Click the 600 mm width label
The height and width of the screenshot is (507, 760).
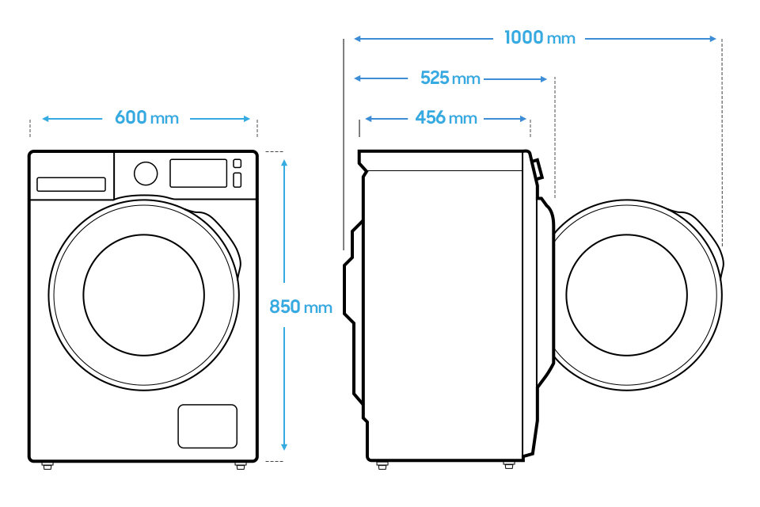(x=146, y=118)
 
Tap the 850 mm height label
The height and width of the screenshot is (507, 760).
(x=301, y=307)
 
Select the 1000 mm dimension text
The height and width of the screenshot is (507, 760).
(x=539, y=37)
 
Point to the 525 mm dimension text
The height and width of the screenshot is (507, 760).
(x=450, y=78)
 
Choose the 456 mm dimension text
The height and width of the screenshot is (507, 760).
(x=446, y=118)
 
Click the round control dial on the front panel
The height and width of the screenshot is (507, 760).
(x=146, y=173)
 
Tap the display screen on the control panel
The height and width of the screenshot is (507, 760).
(x=198, y=173)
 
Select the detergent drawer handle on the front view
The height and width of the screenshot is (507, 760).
(x=71, y=185)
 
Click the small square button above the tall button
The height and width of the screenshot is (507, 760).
(x=237, y=163)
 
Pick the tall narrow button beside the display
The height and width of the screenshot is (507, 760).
(x=237, y=180)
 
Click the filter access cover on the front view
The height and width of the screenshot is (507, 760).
(x=207, y=426)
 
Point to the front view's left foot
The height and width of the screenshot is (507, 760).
(x=47, y=466)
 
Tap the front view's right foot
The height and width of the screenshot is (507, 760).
(x=241, y=466)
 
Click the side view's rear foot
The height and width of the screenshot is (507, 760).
(x=382, y=465)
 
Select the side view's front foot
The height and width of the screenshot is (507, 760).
(x=508, y=465)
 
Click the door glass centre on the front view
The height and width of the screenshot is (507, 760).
(x=143, y=295)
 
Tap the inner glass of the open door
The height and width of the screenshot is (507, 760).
(x=626, y=295)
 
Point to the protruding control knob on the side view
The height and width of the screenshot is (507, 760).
(x=537, y=170)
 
